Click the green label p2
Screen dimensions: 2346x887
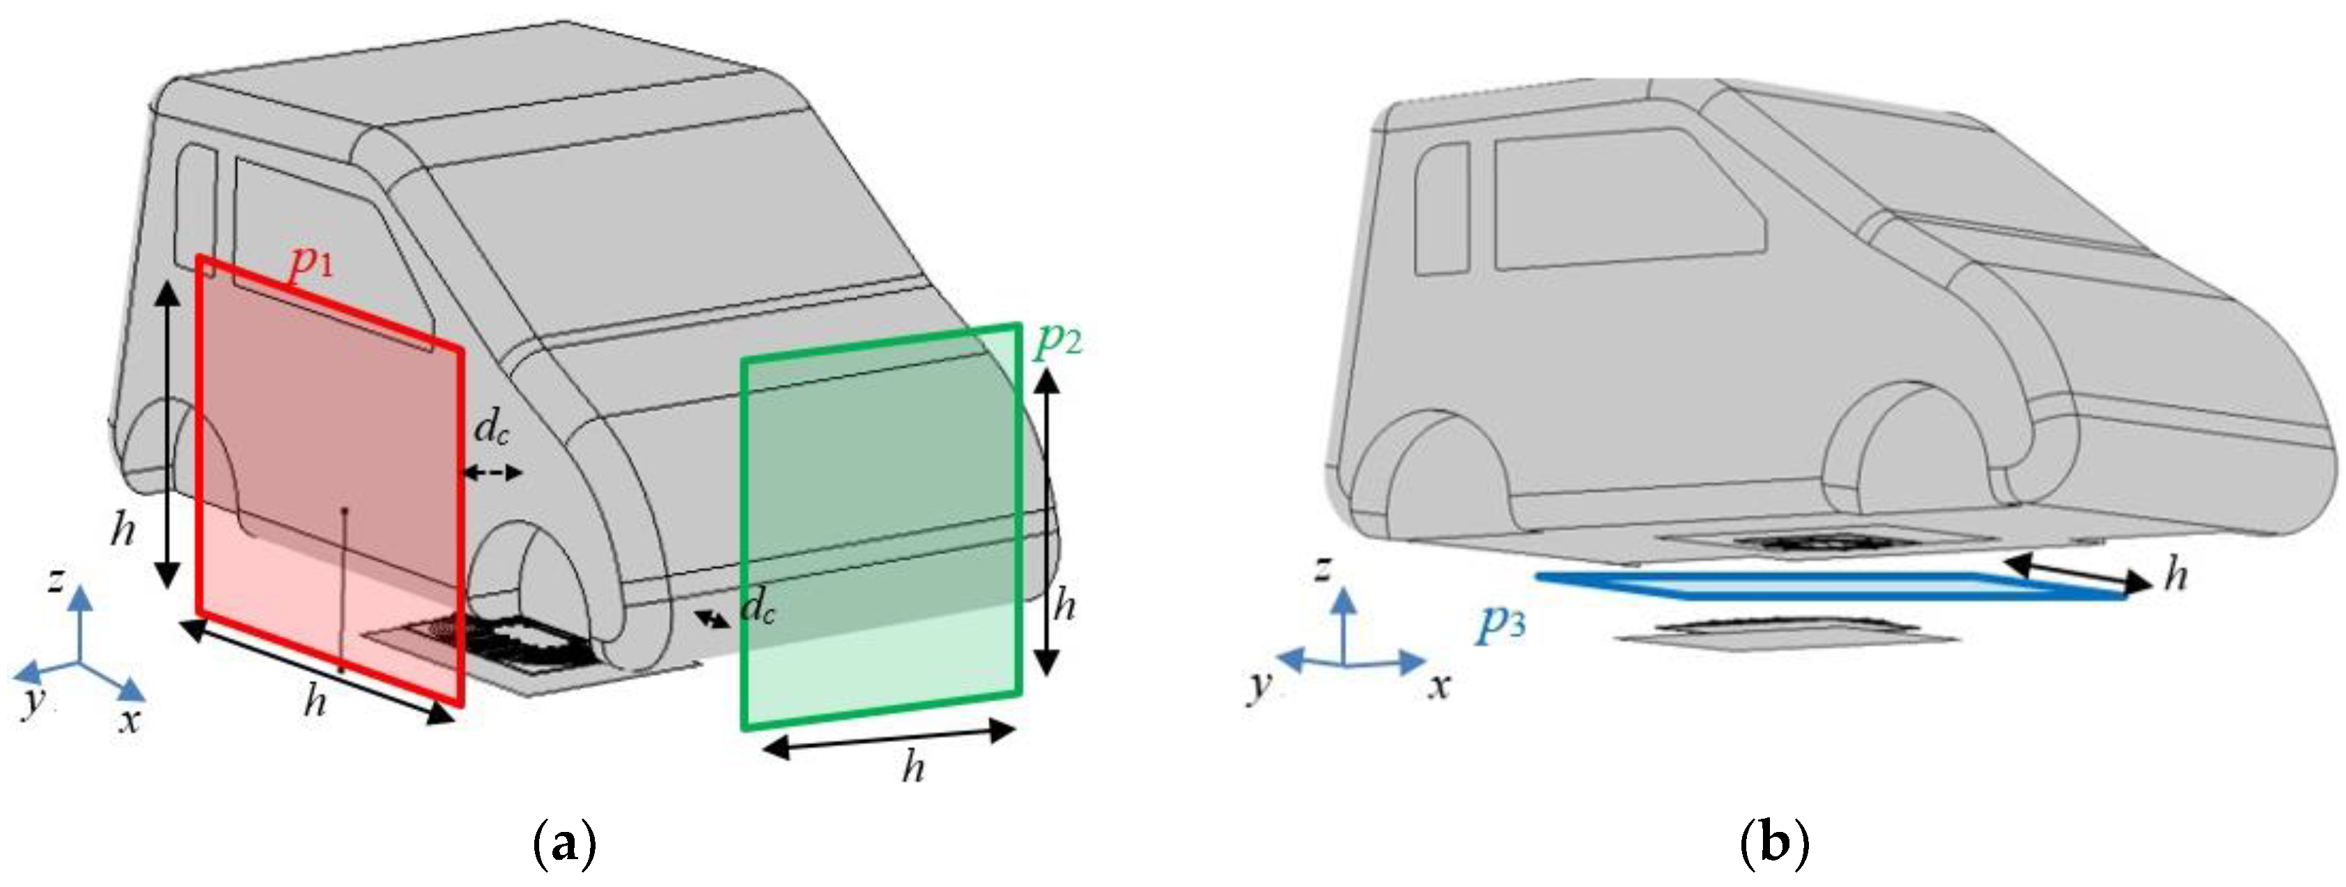tap(1058, 340)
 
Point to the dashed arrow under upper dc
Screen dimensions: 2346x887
tap(491, 472)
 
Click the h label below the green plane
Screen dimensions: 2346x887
tap(913, 769)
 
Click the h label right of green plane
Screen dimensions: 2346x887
tap(1064, 606)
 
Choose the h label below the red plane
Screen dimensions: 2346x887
tap(314, 701)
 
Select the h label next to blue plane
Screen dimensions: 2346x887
tap(2176, 576)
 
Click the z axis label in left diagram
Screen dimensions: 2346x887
tap(56, 579)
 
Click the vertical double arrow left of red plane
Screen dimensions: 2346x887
tap(166, 435)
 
